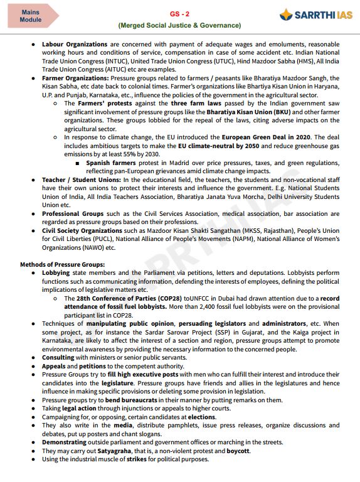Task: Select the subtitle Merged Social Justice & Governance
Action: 179,25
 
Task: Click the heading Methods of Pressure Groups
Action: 62,265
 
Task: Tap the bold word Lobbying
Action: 56,273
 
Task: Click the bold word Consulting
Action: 58,356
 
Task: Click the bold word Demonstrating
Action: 64,442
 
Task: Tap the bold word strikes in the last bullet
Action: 140,459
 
